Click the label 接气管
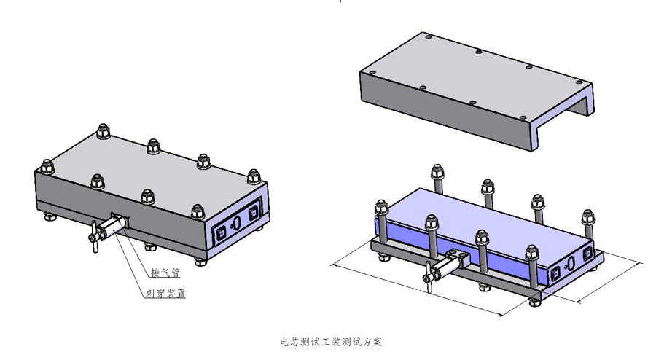pyautogui.click(x=165, y=273)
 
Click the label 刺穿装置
pyautogui.click(x=165, y=293)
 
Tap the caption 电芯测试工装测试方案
pyautogui.click(x=331, y=342)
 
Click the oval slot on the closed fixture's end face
pyautogui.click(x=236, y=222)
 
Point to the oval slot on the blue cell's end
pyautogui.click(x=571, y=262)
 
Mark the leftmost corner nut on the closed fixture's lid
pyautogui.click(x=47, y=166)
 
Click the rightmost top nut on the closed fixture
pyautogui.click(x=254, y=176)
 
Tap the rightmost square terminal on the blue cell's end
pyautogui.click(x=587, y=252)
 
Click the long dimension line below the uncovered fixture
pyautogui.click(x=417, y=289)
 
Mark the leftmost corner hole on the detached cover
pyautogui.click(x=372, y=72)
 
